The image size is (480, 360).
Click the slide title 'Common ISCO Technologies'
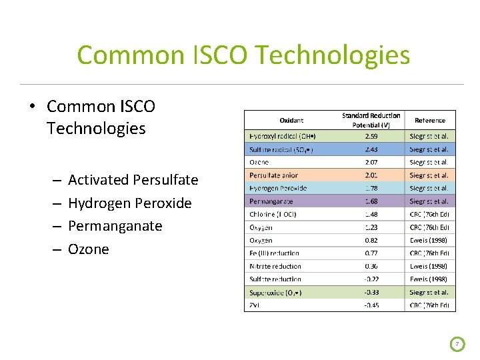tap(243, 55)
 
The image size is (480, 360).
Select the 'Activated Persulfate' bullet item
tap(133, 180)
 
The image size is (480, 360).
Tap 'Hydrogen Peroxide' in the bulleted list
tap(129, 203)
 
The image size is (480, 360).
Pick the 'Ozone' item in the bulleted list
tap(88, 249)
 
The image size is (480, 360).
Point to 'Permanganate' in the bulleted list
tap(115, 226)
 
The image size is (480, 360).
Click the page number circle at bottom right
tap(457, 344)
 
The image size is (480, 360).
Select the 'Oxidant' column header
tap(291, 121)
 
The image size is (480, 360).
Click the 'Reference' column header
tap(430, 121)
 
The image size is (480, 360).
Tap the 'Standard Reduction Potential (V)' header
tap(371, 121)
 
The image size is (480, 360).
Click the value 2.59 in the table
tap(371, 136)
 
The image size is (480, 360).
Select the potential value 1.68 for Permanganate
tap(371, 201)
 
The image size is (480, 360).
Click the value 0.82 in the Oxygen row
tap(371, 240)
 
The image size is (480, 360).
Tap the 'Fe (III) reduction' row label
tap(274, 253)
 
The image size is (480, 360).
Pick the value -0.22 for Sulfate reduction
tap(371, 279)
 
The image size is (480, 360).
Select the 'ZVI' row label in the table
tap(254, 305)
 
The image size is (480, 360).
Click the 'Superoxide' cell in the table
tap(275, 293)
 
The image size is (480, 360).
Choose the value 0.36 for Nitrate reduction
tap(371, 266)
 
